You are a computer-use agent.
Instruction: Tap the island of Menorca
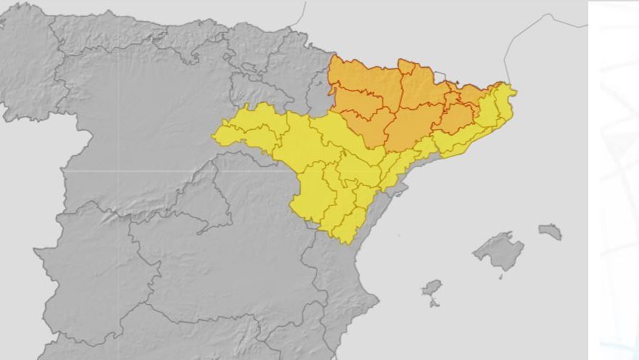coord(551,232)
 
